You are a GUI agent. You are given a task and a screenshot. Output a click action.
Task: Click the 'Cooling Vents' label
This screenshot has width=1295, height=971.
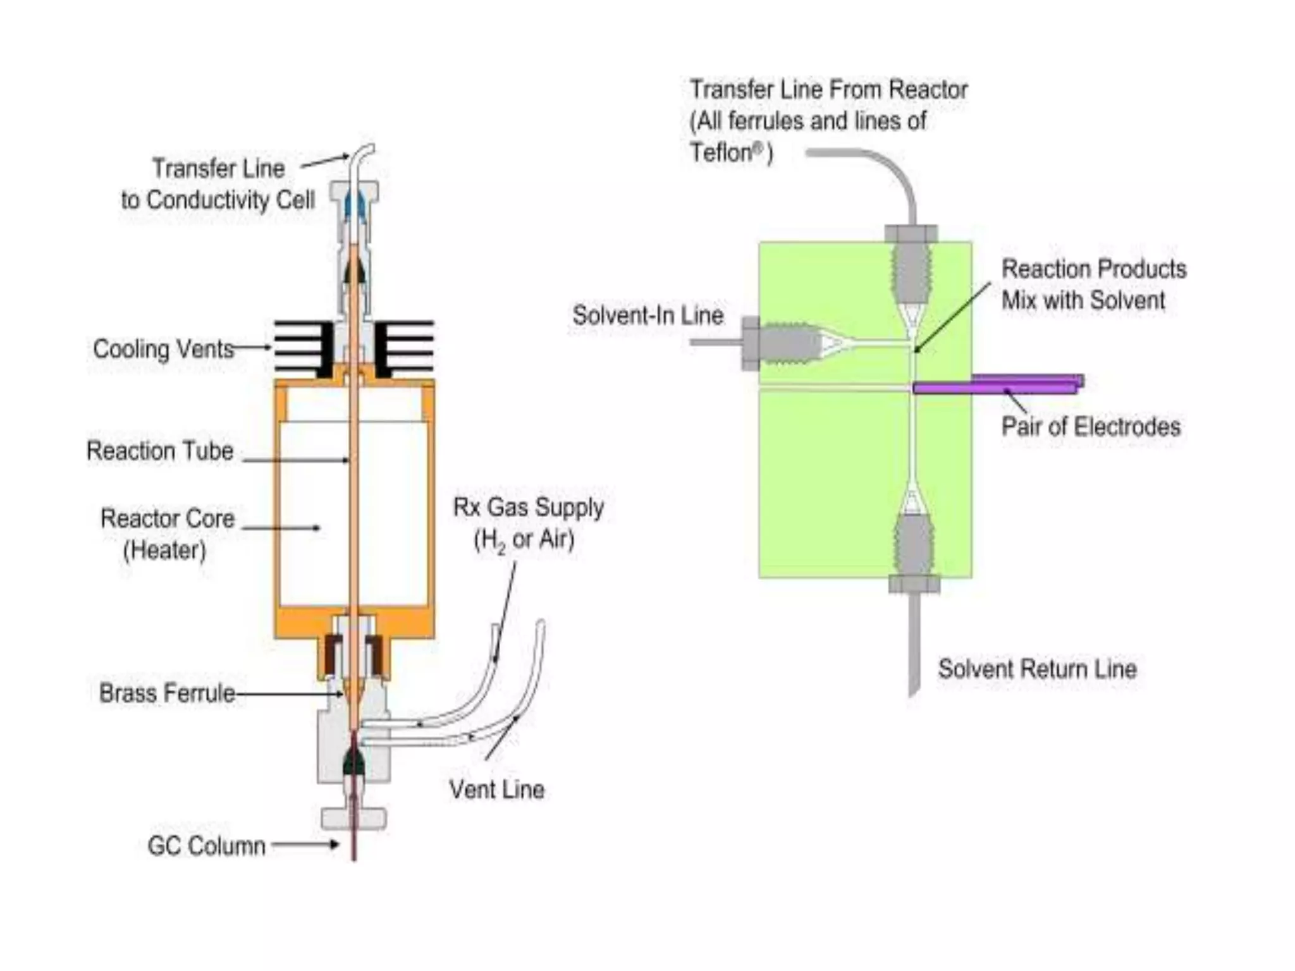pos(163,349)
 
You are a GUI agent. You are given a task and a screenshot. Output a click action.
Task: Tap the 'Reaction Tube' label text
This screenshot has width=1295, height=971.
pos(160,451)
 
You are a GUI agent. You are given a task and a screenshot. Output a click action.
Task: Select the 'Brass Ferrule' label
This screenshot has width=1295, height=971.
pos(167,693)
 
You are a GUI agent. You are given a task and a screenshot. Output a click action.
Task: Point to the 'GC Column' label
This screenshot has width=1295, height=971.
pos(206,846)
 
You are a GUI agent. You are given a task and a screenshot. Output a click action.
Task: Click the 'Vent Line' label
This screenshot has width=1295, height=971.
pos(497,789)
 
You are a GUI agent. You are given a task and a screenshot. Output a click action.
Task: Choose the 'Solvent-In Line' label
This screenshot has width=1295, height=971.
pos(647,315)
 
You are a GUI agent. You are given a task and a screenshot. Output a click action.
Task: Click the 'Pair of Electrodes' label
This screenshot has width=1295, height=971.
pos(1091,427)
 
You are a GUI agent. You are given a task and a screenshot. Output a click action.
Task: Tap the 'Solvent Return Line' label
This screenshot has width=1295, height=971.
pos(1037,669)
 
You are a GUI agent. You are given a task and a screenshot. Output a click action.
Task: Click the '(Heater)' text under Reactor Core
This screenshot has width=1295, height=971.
pos(164,550)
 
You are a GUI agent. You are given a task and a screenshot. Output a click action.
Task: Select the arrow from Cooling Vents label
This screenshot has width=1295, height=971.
pos(252,347)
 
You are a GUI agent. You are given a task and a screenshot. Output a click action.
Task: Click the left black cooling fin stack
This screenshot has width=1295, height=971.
pos(304,348)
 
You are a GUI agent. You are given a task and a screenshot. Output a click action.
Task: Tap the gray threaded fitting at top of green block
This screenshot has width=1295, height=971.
pos(911,266)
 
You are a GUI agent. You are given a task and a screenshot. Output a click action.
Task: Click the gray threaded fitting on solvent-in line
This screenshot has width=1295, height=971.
pos(784,343)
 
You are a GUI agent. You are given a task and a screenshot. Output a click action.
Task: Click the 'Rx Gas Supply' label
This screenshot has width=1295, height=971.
pos(528,507)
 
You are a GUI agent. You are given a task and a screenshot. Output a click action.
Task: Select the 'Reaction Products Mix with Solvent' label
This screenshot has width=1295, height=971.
pos(1093,284)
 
